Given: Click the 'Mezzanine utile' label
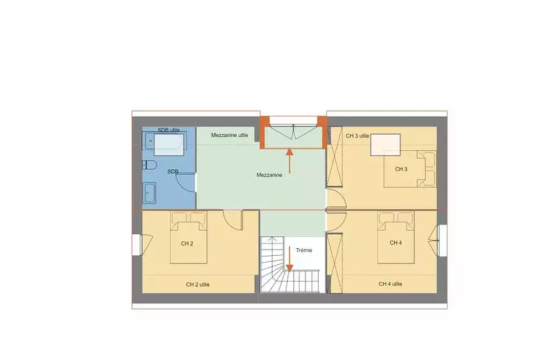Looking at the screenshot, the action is pyautogui.click(x=229, y=135).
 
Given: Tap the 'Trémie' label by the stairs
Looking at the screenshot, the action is pyautogui.click(x=304, y=250).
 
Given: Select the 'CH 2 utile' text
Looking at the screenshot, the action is pyautogui.click(x=198, y=285).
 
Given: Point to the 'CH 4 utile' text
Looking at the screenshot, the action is pyautogui.click(x=391, y=284).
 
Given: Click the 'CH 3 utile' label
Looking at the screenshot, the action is pyautogui.click(x=357, y=136).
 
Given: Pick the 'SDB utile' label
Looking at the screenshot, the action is pyautogui.click(x=168, y=130).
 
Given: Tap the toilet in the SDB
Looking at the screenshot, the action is pyautogui.click(x=150, y=165).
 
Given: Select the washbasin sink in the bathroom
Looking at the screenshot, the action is pyautogui.click(x=149, y=192).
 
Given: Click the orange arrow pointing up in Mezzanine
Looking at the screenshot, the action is pyautogui.click(x=289, y=161).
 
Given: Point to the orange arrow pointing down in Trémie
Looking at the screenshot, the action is pyautogui.click(x=289, y=259).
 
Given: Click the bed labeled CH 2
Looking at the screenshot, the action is pyautogui.click(x=189, y=237).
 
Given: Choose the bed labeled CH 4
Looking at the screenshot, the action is pyautogui.click(x=396, y=237).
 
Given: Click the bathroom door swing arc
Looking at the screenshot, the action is pyautogui.click(x=186, y=183).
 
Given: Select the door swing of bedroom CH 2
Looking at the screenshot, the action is pyautogui.click(x=233, y=220).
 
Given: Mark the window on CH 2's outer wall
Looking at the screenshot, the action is pyautogui.click(x=137, y=245).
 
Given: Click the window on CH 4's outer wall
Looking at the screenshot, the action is pyautogui.click(x=442, y=240).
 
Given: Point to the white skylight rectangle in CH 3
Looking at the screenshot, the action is pyautogui.click(x=386, y=145).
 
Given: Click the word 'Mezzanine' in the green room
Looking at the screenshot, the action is pyautogui.click(x=269, y=175).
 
